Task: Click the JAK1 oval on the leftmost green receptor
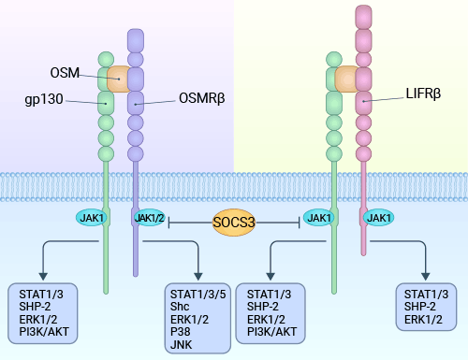[x=91, y=218]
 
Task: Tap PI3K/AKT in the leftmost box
[x=47, y=330]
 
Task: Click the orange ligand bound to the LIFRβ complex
[x=346, y=79]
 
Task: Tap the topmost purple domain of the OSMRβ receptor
[x=137, y=40]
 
